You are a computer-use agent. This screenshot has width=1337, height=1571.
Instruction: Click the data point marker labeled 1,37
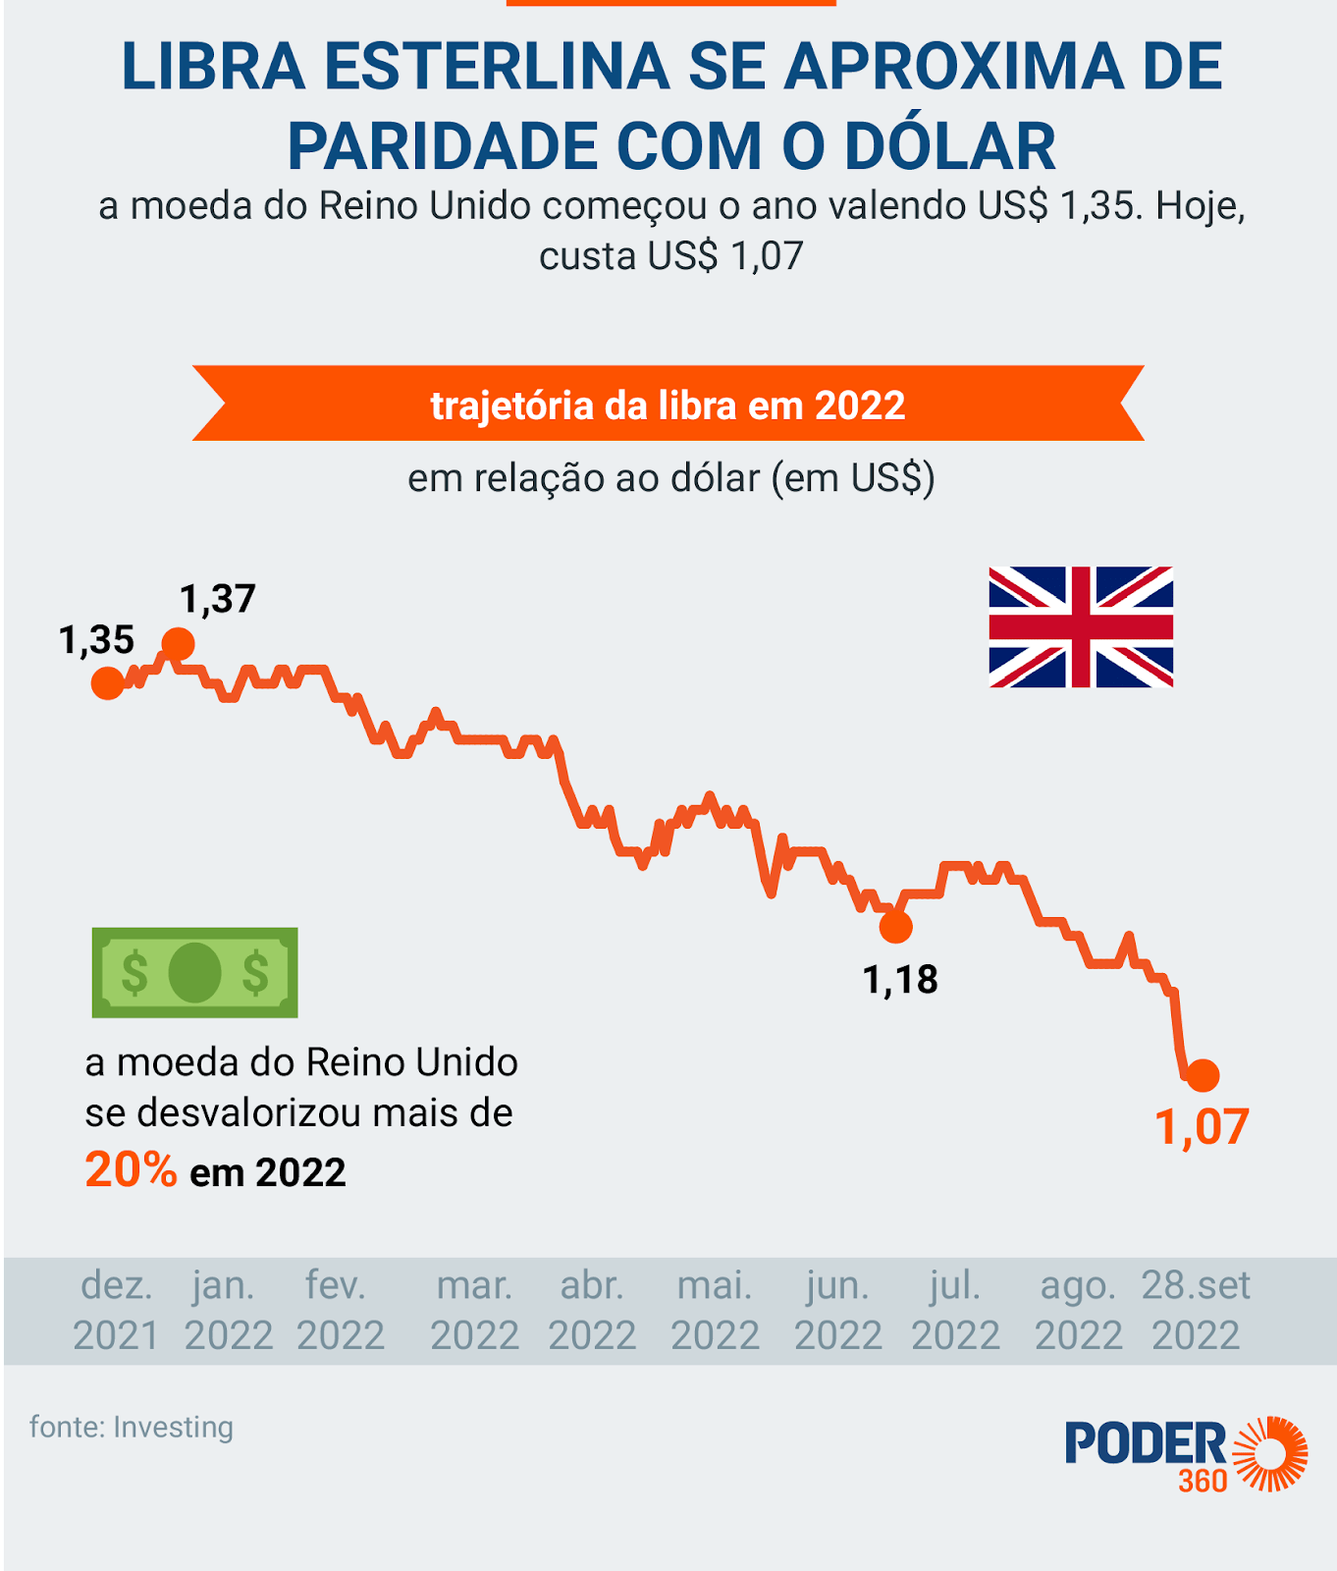[x=178, y=644]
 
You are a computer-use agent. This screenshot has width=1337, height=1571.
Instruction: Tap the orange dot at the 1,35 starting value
[x=108, y=682]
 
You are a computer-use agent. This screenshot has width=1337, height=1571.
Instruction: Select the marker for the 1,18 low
[x=895, y=926]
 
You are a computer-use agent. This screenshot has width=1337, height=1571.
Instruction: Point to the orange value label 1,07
[x=1202, y=1127]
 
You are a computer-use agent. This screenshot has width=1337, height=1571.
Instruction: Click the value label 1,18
[x=900, y=980]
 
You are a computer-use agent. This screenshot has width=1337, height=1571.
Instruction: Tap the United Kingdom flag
[x=1081, y=626]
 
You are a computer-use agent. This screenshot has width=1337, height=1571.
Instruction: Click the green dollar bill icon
[x=195, y=972]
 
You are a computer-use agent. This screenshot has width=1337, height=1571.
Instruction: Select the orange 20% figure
[x=131, y=1170]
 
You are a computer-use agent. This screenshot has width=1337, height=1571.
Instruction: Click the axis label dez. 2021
[x=116, y=1310]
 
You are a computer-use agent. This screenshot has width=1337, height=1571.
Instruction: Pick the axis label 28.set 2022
[x=1196, y=1310]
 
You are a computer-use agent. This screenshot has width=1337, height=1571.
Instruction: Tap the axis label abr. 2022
[x=592, y=1310]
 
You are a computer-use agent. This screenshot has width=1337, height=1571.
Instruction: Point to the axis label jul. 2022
[x=955, y=1310]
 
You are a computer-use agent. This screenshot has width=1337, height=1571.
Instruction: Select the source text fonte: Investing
[x=132, y=1427]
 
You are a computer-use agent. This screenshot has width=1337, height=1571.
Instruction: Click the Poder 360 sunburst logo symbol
[x=1270, y=1453]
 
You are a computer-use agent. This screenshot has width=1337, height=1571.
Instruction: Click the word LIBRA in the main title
[x=213, y=67]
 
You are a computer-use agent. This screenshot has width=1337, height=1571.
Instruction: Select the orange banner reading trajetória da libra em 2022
[x=668, y=405]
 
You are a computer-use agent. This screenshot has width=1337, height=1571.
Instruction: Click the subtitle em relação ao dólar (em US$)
[x=671, y=478]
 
